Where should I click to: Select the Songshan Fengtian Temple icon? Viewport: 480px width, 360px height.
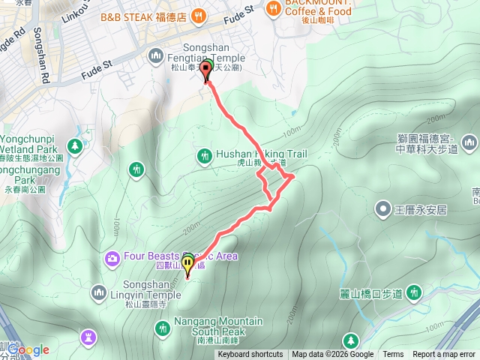coord(157,54)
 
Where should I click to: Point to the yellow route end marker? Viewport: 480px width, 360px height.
coord(187,265)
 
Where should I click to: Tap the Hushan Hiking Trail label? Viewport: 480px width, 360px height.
coord(262,154)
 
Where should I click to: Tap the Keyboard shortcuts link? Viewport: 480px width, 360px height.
coord(250,355)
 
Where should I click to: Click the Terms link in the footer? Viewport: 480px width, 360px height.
coord(393,355)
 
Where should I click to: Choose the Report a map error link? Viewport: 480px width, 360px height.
coord(445,355)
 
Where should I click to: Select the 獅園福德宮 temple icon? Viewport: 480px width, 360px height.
coord(469,142)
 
